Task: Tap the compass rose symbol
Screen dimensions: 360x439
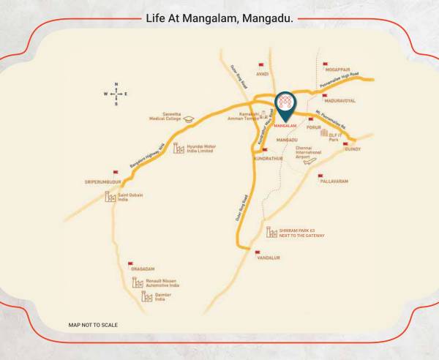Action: (116, 94)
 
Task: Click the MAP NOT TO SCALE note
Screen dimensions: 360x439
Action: (93, 324)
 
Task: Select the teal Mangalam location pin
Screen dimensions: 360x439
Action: (285, 105)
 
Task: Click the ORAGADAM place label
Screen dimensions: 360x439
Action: (143, 269)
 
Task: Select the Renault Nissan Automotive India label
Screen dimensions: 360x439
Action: (162, 282)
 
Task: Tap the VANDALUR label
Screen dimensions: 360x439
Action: (267, 258)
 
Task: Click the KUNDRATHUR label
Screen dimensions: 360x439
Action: (267, 157)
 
